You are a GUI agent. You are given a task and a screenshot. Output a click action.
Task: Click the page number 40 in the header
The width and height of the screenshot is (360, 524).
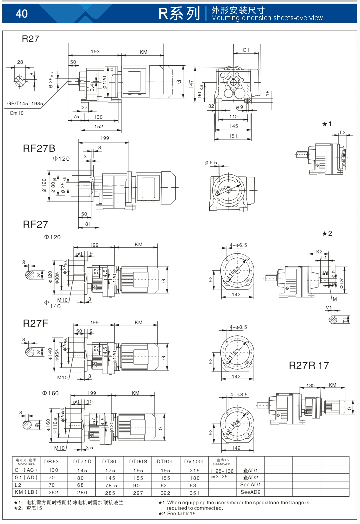pos(22,14)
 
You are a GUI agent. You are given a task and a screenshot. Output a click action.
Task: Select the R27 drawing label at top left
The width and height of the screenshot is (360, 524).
pos(30,39)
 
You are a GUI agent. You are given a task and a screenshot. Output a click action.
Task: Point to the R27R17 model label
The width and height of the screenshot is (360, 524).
pos(309,365)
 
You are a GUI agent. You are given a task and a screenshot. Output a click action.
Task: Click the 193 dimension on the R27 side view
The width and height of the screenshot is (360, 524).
pos(95,52)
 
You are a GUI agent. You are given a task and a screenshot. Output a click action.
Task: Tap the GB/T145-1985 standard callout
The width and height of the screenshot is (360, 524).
pos(25,104)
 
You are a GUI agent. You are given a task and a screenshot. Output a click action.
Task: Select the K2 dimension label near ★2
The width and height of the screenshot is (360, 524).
pos(319,251)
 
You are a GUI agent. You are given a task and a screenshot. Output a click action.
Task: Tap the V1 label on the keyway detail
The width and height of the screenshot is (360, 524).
pos(329,307)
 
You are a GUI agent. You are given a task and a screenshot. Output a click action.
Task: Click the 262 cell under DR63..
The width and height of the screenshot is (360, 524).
pos(53,493)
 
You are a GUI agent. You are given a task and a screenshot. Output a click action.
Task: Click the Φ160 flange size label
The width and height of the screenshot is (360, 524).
pos(51,393)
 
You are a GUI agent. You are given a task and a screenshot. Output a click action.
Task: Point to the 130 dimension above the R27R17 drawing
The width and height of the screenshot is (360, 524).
pos(310,385)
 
